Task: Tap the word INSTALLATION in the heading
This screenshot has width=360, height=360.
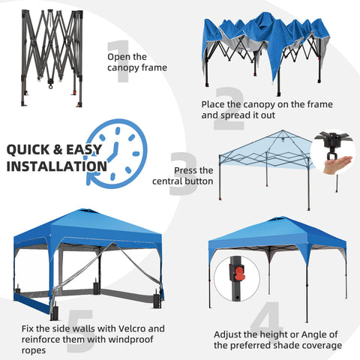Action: pyautogui.click(x=55, y=166)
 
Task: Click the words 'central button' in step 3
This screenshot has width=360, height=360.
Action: pyautogui.click(x=182, y=181)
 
